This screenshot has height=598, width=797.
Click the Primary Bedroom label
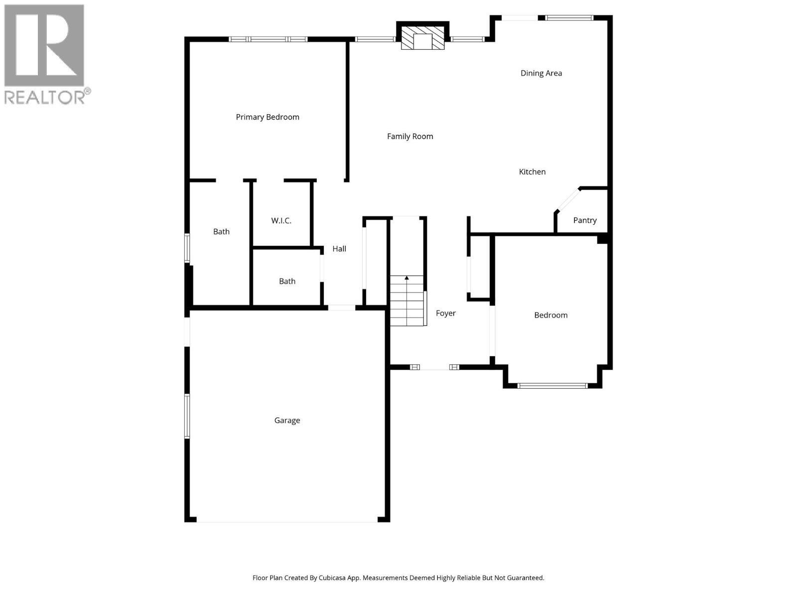point(267,117)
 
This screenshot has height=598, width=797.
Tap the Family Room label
point(410,136)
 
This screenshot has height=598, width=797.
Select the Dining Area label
point(541,73)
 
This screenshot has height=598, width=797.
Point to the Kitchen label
point(532,172)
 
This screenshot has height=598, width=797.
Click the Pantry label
point(584,220)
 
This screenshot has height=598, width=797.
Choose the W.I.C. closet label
point(281,221)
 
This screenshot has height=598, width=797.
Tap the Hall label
point(339,249)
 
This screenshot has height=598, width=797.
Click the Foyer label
point(445,313)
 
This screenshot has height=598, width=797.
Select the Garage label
point(287,421)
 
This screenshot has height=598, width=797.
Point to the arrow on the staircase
point(407,278)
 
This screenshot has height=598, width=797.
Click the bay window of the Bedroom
point(552,385)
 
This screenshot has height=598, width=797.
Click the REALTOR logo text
point(45,97)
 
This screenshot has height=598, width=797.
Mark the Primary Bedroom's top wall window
point(268,39)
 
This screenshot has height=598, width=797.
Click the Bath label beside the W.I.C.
point(221,232)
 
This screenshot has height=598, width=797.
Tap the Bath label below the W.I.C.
point(287,282)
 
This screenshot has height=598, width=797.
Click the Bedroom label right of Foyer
point(550,315)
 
